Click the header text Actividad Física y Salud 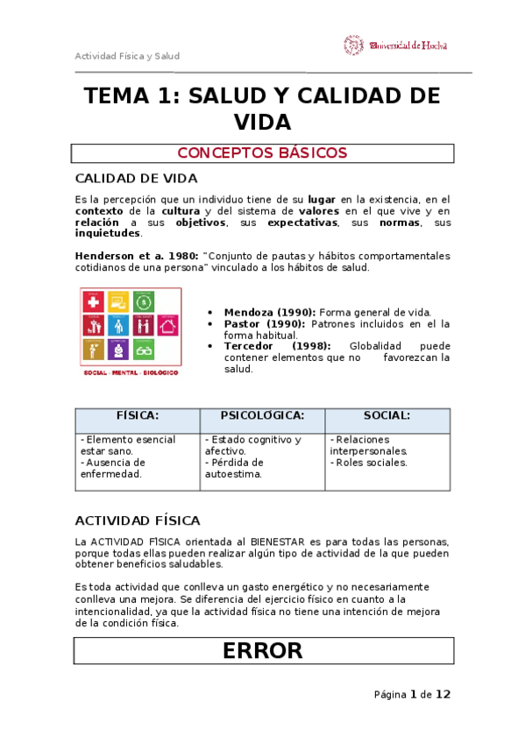[x=127, y=56]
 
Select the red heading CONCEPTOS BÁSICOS [x=262, y=153]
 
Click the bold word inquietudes [x=107, y=234]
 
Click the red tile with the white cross [x=93, y=302]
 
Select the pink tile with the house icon [x=168, y=326]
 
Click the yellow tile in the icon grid [x=93, y=350]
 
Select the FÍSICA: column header [x=138, y=415]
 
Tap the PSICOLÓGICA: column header [x=262, y=415]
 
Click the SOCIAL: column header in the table [x=387, y=415]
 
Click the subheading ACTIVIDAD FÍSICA [x=138, y=520]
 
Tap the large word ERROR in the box [x=262, y=650]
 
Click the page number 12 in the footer [x=443, y=695]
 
